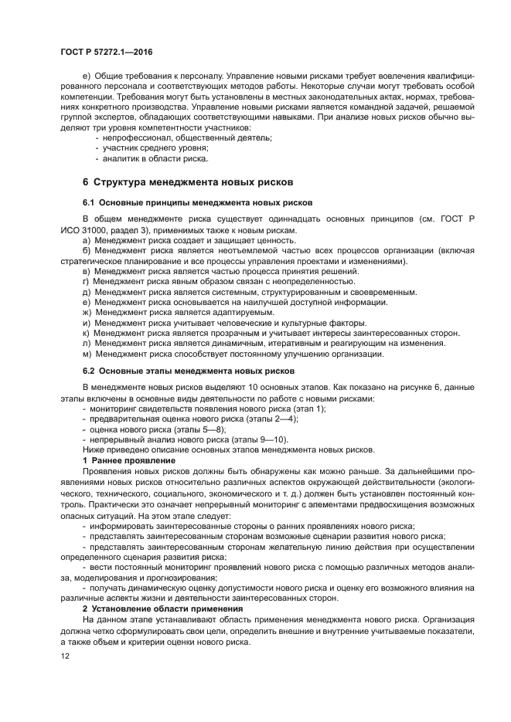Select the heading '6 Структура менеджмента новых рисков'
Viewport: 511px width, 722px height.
[187, 182]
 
